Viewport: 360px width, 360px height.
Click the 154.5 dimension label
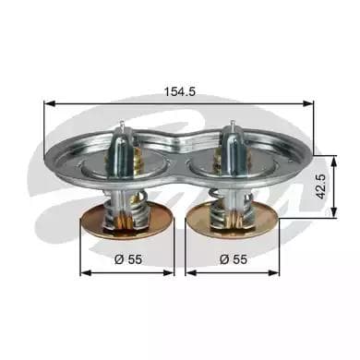click(180, 91)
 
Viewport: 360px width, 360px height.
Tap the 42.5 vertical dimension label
click(321, 186)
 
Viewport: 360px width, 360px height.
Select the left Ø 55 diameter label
click(128, 259)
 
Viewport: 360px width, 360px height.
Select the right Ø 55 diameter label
click(234, 259)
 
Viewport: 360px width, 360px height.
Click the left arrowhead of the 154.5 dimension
click(49, 103)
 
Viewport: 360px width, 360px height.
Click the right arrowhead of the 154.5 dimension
click(308, 103)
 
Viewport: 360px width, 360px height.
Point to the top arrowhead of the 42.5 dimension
click(333, 161)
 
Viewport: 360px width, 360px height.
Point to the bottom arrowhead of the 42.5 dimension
click(333, 213)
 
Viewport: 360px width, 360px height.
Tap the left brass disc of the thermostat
click(126, 222)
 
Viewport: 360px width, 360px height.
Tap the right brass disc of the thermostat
click(233, 222)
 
